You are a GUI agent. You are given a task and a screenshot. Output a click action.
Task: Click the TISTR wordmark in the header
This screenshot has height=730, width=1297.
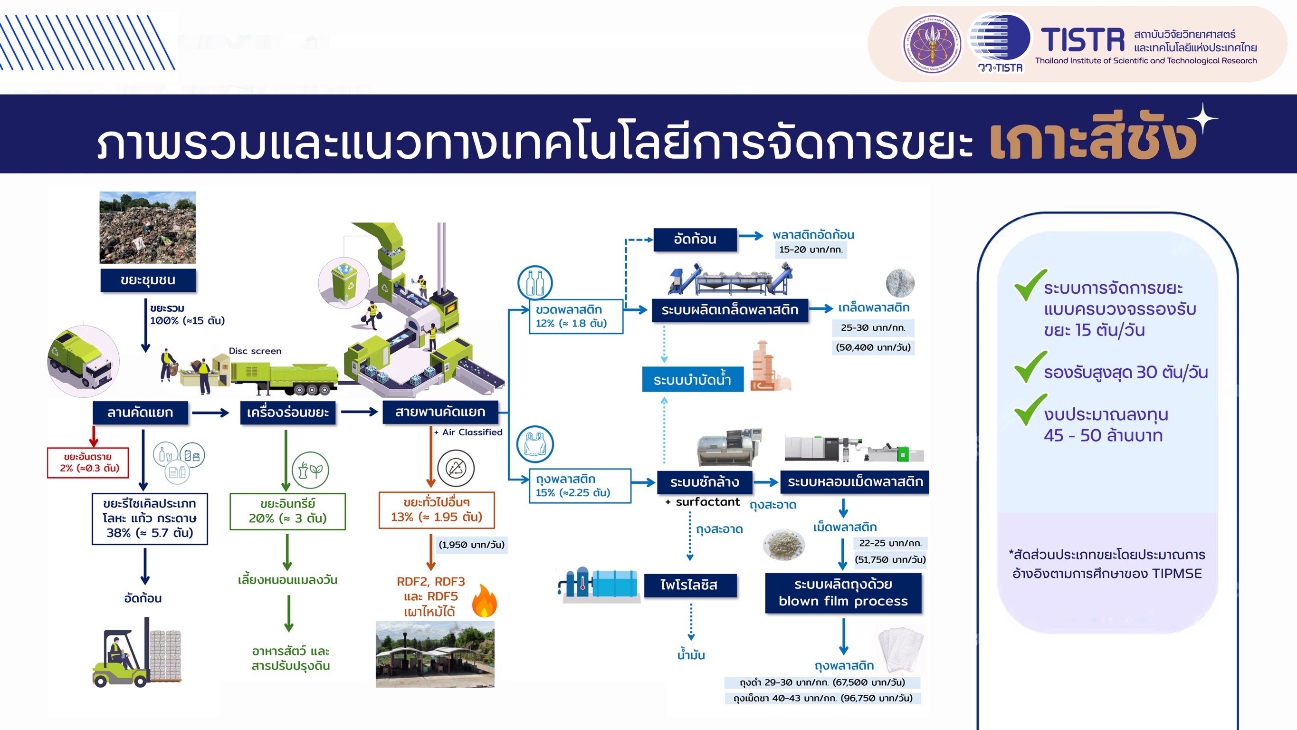click(1083, 40)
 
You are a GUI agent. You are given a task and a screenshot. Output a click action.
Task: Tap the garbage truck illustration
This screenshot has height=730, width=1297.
click(82, 360)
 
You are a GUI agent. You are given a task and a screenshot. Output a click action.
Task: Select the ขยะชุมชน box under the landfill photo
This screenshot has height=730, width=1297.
click(148, 280)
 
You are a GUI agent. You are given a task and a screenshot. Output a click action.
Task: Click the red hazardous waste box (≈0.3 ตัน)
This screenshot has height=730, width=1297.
click(88, 462)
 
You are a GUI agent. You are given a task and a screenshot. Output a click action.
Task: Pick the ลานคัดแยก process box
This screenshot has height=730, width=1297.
click(140, 413)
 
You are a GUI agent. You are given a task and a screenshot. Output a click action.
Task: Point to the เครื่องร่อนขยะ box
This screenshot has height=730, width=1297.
click(287, 413)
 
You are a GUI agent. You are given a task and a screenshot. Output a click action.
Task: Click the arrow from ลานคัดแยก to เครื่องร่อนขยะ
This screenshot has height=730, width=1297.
click(210, 413)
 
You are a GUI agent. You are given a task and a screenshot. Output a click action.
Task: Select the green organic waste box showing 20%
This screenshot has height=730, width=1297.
click(287, 511)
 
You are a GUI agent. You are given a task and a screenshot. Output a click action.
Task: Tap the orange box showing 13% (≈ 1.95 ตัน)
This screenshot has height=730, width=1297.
click(437, 510)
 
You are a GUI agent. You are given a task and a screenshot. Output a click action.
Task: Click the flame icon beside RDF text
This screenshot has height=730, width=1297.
click(485, 601)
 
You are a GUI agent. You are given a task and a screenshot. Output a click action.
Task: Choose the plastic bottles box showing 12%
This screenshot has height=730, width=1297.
click(575, 317)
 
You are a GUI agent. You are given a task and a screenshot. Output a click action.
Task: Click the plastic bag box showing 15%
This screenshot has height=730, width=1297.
click(580, 486)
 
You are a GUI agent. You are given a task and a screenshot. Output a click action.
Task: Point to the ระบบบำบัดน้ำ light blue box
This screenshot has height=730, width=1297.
click(692, 379)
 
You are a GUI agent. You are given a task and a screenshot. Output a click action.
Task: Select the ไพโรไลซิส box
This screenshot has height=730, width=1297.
click(689, 586)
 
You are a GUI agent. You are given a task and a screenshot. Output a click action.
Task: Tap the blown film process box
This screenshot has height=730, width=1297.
click(843, 593)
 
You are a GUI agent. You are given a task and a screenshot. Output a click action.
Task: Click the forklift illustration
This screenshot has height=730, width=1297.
click(136, 657)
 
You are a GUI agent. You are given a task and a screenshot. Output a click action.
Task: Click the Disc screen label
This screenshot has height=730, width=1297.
click(255, 351)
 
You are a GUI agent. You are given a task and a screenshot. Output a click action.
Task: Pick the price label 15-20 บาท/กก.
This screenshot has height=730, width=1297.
click(811, 250)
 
